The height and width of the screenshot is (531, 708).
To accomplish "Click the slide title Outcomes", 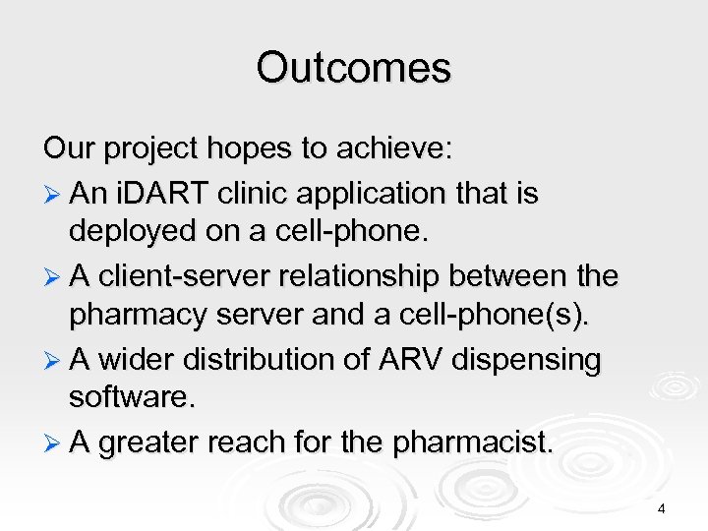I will click(353, 69).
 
